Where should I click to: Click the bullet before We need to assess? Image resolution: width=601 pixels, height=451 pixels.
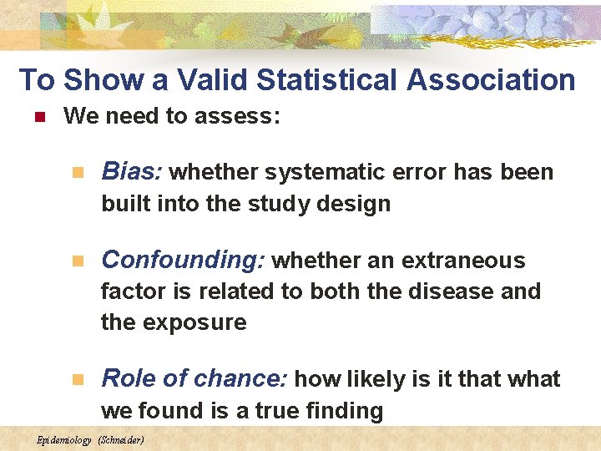[x=37, y=117]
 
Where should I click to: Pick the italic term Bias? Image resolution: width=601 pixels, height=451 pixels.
[x=131, y=171]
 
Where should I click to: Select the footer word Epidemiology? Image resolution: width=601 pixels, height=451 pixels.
[x=64, y=439]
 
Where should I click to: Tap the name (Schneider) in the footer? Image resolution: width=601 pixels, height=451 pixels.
[x=121, y=439]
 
